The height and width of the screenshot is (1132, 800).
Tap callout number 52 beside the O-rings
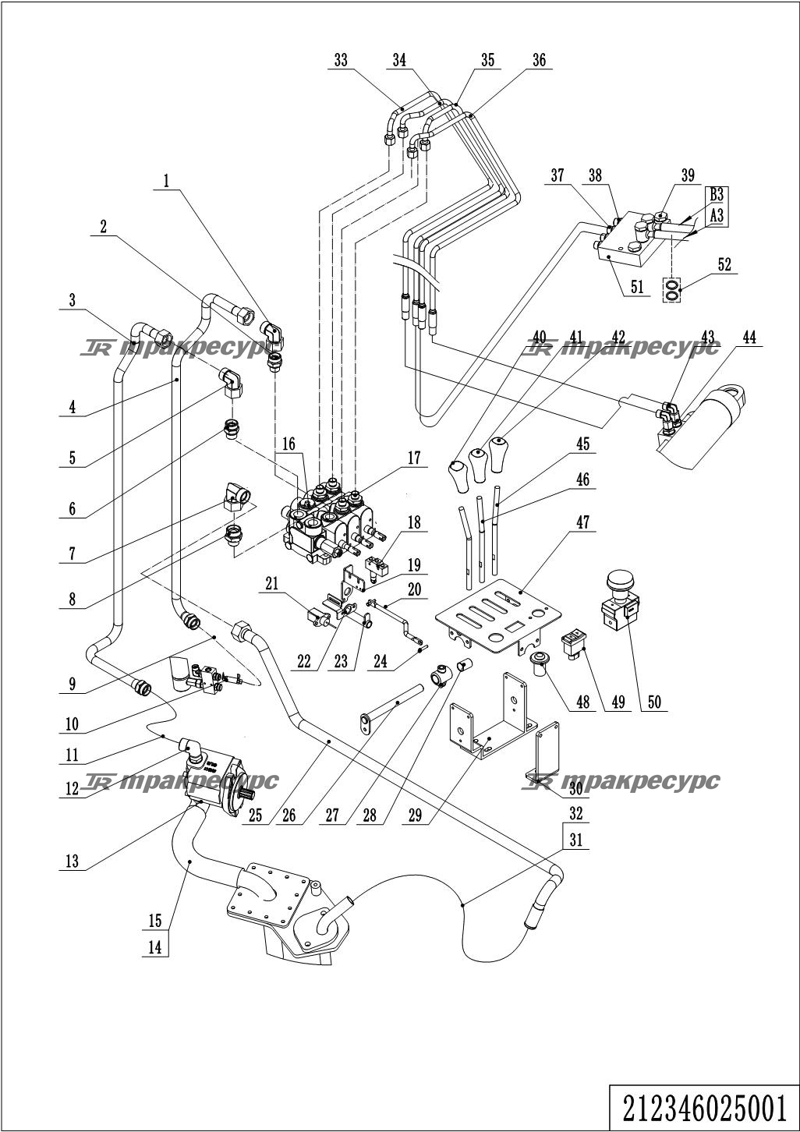point(724,265)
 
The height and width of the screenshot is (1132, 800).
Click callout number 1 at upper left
point(165,181)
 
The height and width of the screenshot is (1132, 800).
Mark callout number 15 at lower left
point(156,921)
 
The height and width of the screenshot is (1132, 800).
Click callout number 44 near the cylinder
point(749,338)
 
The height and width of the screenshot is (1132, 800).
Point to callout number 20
point(413,590)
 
